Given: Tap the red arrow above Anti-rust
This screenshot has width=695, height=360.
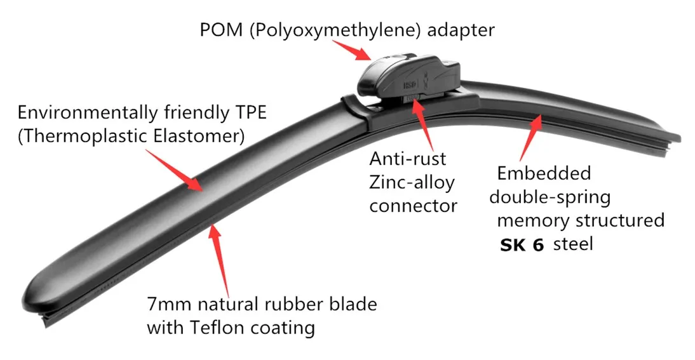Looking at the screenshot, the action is [x=422, y=124].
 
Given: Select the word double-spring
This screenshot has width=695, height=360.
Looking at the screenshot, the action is [x=550, y=197].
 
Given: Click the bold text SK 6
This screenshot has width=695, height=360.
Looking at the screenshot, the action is [x=522, y=244].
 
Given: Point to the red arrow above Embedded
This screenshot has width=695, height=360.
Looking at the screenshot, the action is [x=530, y=137].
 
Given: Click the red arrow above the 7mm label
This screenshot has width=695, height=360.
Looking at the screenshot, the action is [x=220, y=253].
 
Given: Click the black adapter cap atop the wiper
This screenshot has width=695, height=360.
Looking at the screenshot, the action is [x=407, y=73].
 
